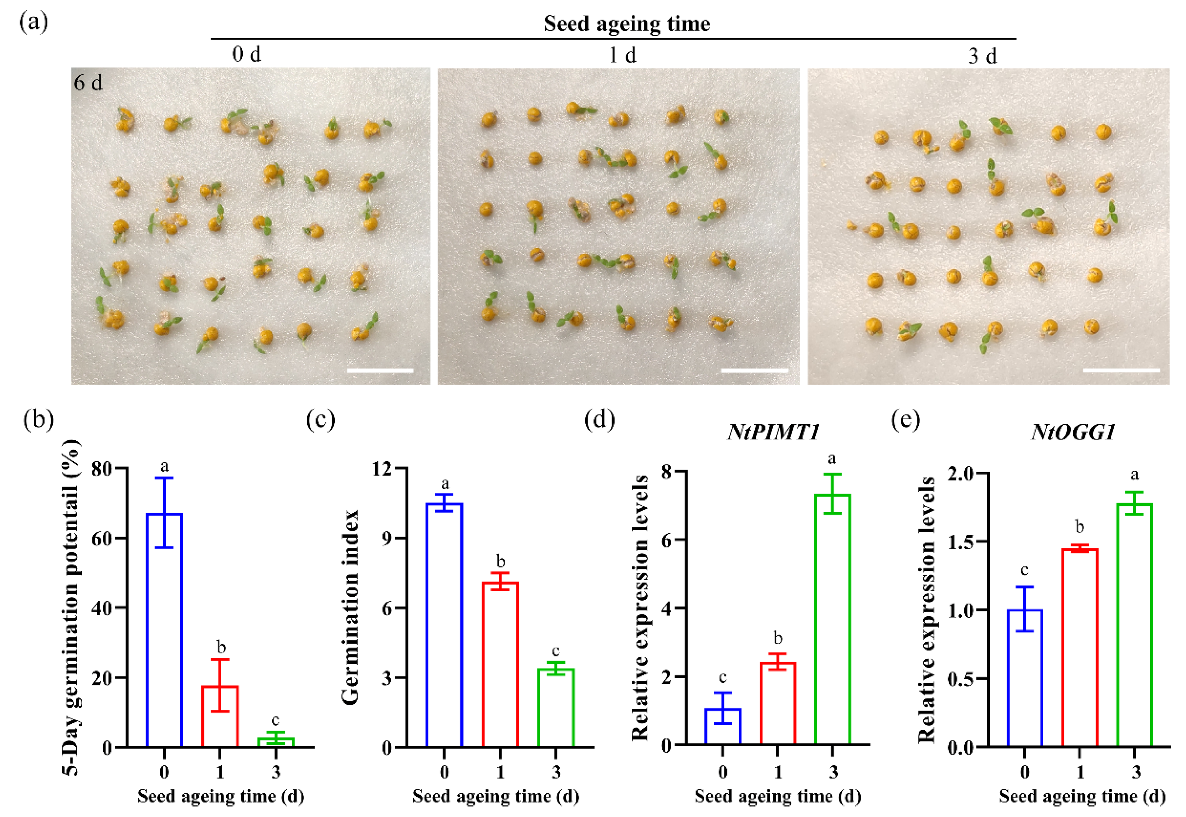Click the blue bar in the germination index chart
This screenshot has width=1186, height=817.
point(444,625)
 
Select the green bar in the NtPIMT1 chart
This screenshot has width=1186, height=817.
point(832,619)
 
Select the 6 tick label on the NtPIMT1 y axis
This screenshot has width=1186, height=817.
point(666,540)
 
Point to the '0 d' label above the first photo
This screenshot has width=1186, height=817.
point(247,54)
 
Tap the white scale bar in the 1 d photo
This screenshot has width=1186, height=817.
point(754,370)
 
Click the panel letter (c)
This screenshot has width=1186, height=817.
point(320,420)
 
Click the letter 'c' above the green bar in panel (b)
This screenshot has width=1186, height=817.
point(276,720)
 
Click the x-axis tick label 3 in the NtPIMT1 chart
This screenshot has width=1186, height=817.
point(833,772)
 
